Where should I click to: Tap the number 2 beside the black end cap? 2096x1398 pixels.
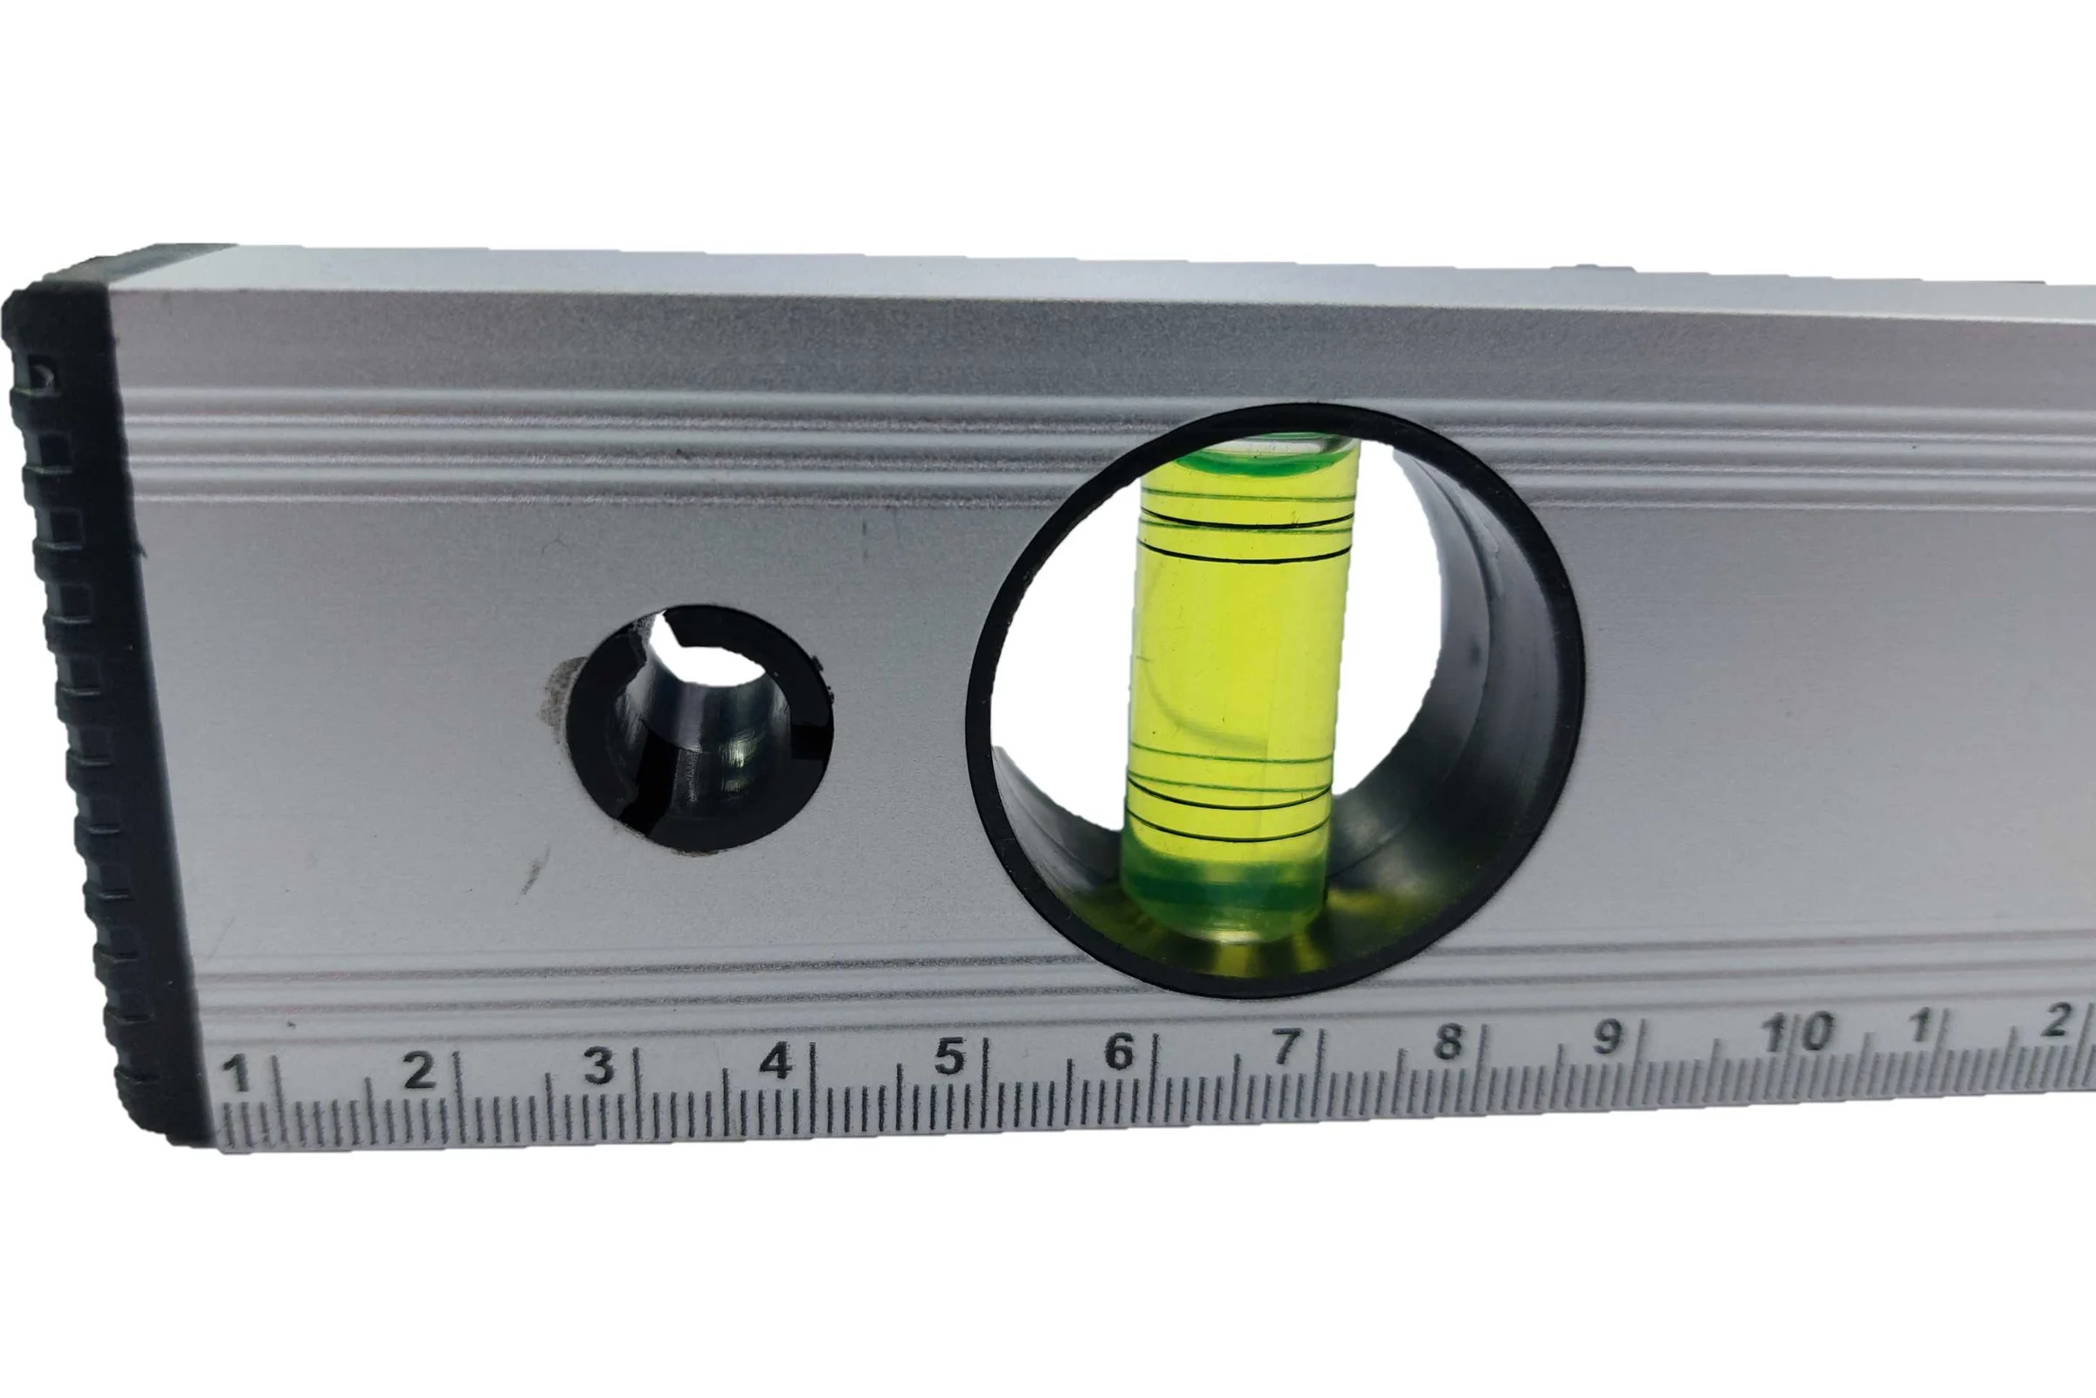[417, 1069]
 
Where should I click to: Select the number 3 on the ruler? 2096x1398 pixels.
[599, 1065]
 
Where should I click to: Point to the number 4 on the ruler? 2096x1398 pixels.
[776, 1061]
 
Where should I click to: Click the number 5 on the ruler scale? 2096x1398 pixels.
[950, 1056]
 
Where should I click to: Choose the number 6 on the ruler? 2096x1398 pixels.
[1120, 1052]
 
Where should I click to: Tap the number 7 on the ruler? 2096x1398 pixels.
[1284, 1047]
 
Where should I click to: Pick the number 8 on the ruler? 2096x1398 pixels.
[1448, 1042]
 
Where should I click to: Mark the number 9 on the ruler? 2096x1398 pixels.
[1607, 1037]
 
